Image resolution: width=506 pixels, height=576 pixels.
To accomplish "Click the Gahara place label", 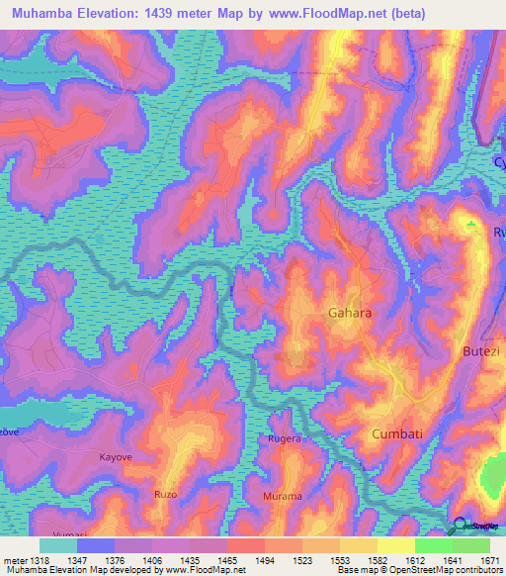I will pos(349,313).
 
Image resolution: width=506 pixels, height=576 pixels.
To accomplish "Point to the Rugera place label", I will pos(285,437).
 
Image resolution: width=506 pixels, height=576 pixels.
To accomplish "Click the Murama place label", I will pos(282,496).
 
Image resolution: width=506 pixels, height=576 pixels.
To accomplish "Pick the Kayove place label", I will pos(116,457).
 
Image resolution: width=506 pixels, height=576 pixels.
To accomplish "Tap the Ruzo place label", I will pos(165,493).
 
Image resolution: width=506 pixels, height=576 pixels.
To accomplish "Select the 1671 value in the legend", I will pos(490,560).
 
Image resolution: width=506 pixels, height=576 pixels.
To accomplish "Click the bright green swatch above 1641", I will pos(433,545).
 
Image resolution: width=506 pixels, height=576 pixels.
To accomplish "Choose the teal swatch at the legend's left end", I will pos(57,545).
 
